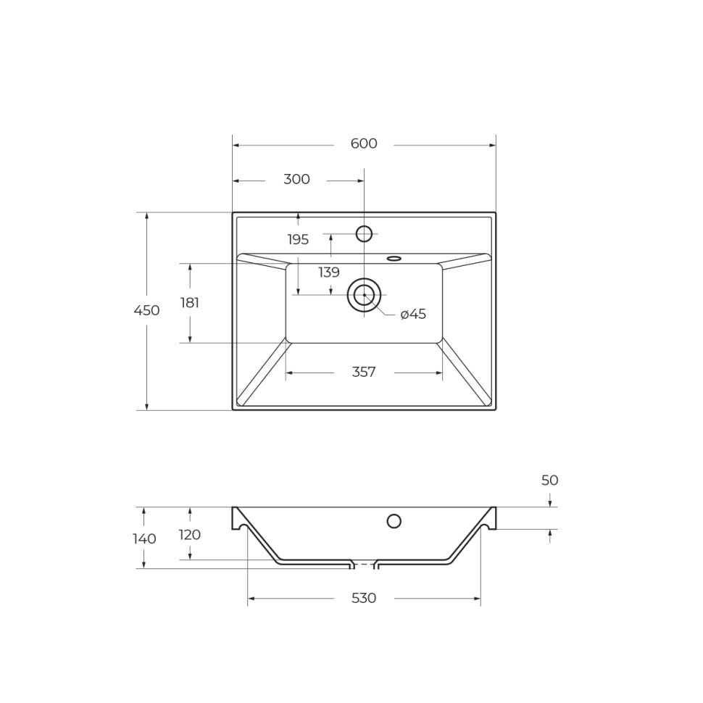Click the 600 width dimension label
(x=364, y=144)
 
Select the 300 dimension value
(x=296, y=180)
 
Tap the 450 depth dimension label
(x=146, y=311)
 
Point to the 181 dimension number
(x=190, y=304)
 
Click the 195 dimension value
(x=298, y=240)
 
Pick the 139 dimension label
(x=329, y=273)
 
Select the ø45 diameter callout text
(x=413, y=315)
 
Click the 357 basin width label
(x=364, y=373)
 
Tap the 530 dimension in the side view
(x=364, y=599)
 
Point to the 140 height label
(x=144, y=539)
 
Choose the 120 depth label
(x=190, y=536)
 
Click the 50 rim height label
(x=549, y=481)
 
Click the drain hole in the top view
(x=364, y=295)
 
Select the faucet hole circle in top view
(x=364, y=234)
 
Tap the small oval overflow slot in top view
(x=394, y=259)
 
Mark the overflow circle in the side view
(x=394, y=521)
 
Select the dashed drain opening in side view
(x=364, y=565)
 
